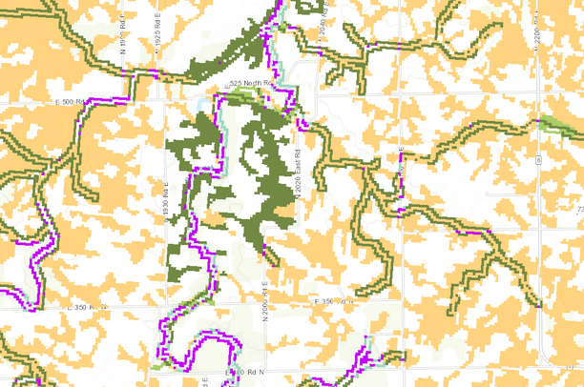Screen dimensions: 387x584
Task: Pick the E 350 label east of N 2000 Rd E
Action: point(334,301)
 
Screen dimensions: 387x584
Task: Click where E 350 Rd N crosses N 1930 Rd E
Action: point(167,308)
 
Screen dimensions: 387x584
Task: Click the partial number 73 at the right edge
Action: point(578,208)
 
